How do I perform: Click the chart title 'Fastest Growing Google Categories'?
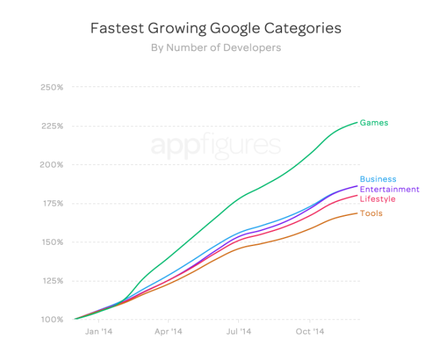(215, 29)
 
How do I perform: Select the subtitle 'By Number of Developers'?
(215, 48)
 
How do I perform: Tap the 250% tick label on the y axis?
(52, 87)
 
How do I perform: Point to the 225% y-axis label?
(52, 126)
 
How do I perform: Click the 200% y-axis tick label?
(52, 164)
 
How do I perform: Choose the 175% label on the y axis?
(52, 204)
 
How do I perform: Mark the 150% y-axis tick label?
(52, 242)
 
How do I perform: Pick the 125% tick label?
(52, 281)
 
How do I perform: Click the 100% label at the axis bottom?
(52, 320)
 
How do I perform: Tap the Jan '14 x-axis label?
(99, 332)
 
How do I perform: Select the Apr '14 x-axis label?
(168, 332)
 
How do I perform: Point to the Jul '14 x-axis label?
(238, 332)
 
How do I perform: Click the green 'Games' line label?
(374, 122)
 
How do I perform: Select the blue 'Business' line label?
(378, 179)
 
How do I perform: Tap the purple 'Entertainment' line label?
(389, 189)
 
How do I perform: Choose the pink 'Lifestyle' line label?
(378, 199)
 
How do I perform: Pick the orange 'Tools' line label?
(371, 213)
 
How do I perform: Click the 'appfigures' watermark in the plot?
(215, 145)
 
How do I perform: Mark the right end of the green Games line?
(357, 122)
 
